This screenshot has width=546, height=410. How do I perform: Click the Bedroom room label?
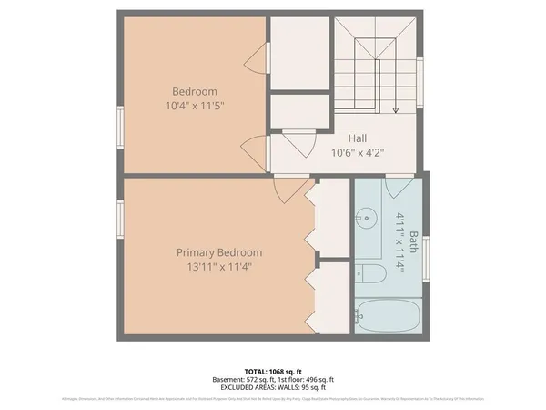[195, 91]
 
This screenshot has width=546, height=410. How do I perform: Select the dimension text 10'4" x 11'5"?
[195, 106]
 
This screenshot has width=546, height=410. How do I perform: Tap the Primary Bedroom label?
[219, 252]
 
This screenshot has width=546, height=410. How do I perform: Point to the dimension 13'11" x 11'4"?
[219, 267]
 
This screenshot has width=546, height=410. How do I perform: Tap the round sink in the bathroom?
[368, 218]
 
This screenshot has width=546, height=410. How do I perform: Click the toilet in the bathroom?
[363, 272]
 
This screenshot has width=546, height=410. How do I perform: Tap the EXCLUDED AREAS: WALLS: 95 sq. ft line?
[273, 388]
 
